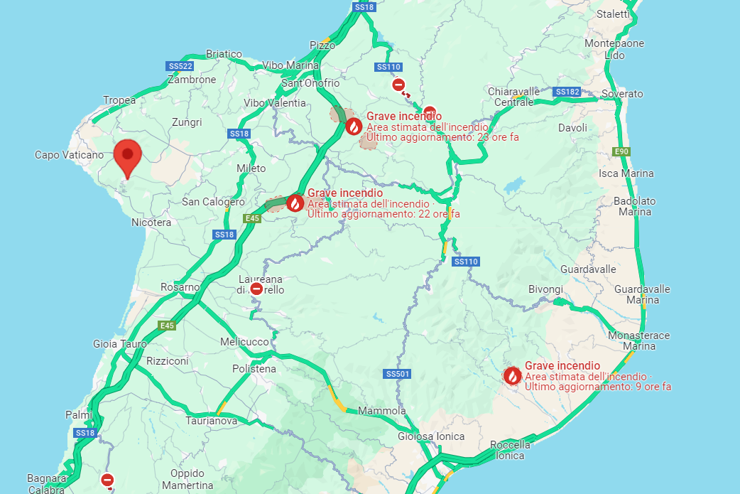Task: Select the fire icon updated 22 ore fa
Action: point(295,203)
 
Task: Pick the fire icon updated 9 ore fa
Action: point(512,376)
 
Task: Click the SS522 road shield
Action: point(180,66)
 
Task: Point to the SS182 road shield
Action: point(567,92)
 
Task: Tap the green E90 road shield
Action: point(621,151)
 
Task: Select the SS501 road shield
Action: point(398,374)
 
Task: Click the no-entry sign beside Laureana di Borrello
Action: point(256,289)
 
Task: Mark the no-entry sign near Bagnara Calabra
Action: point(107,480)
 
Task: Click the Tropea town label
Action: point(119,100)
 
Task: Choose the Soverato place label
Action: point(621,94)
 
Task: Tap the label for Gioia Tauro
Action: point(120,344)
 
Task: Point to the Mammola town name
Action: point(382,411)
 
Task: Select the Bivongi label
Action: point(545,289)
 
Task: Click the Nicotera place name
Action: point(151,222)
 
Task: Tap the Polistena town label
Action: point(254,369)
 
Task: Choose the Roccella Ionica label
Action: point(510,450)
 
